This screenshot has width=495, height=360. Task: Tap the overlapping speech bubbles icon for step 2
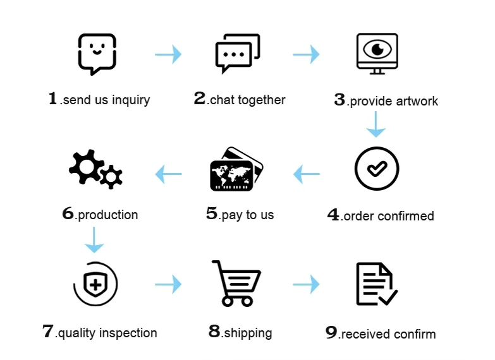(237, 54)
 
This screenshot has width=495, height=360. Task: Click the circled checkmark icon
(376, 169)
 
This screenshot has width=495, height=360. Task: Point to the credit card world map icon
(236, 169)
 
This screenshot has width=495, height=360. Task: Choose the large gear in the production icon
(85, 165)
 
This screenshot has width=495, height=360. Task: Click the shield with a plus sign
(95, 284)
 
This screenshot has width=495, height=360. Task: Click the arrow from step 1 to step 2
(168, 54)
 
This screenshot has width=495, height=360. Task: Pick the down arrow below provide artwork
(376, 124)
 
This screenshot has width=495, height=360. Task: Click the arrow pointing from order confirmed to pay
(307, 172)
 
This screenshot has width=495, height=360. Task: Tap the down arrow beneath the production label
(94, 239)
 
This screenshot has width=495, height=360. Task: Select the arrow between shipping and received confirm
(306, 285)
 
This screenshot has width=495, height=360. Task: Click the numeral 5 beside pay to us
(212, 213)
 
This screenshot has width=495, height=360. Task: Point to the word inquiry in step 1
(131, 100)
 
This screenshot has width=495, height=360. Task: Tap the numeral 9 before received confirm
(332, 333)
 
